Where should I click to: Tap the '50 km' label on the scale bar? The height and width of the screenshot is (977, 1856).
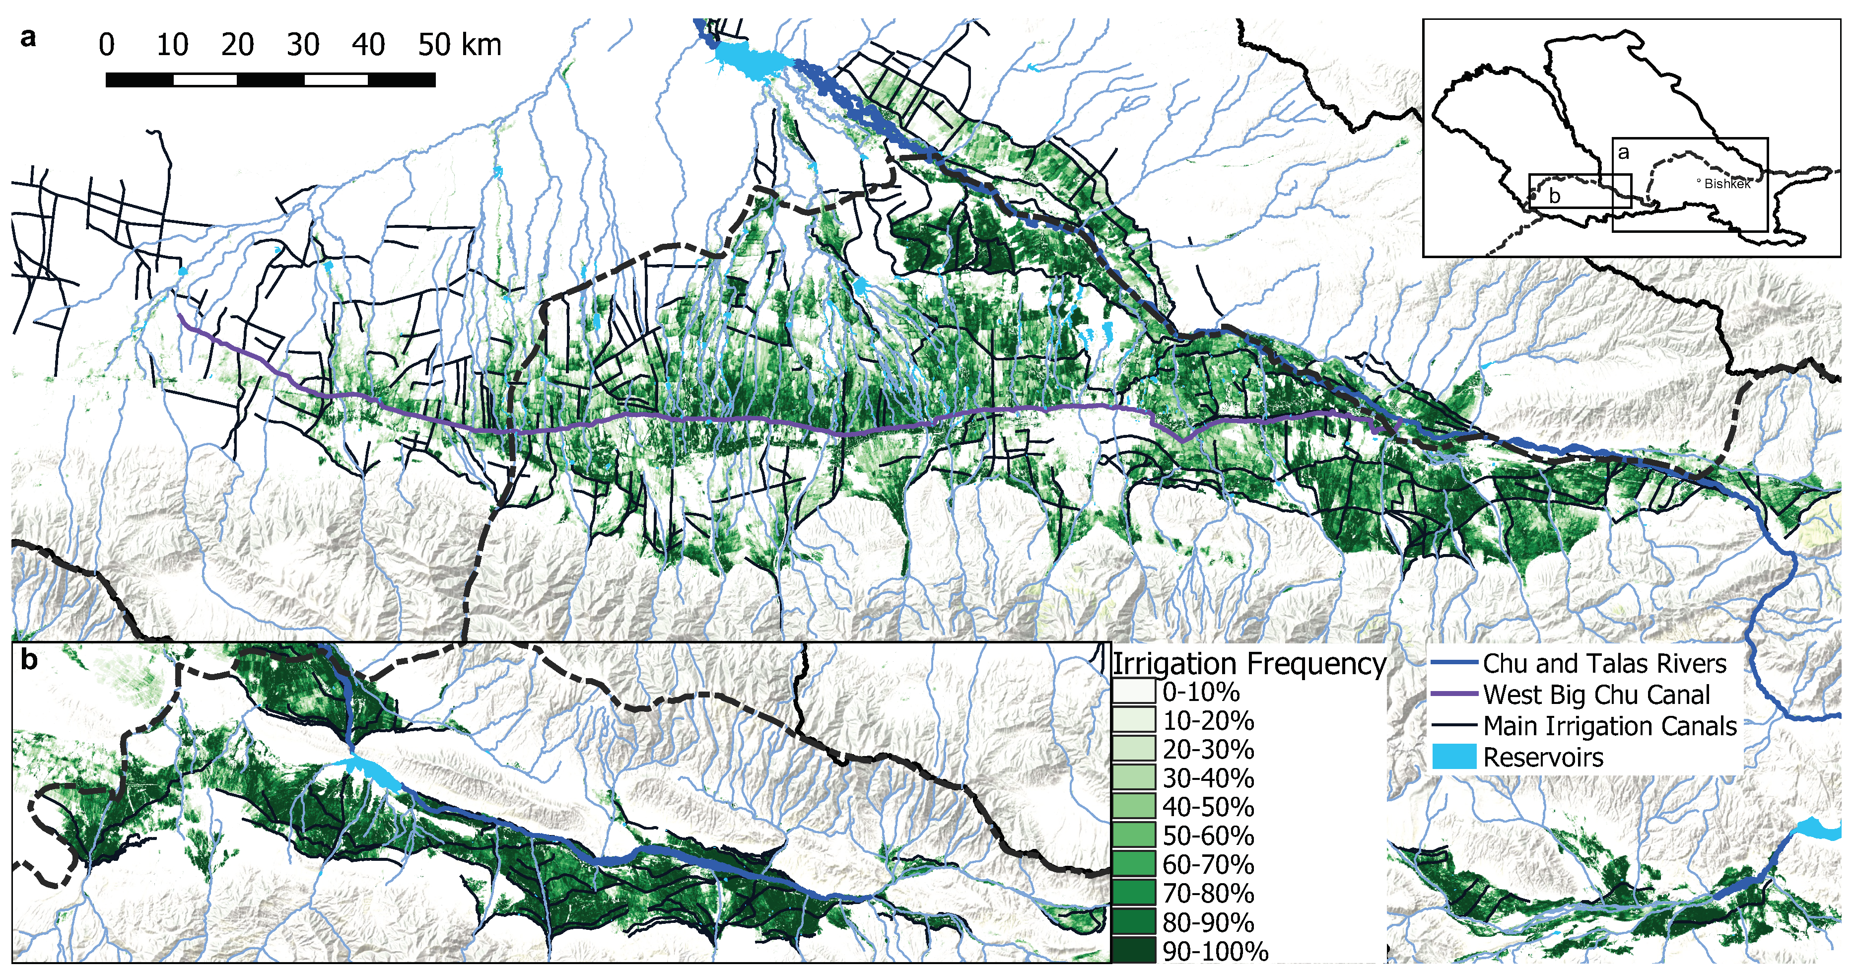click(x=459, y=45)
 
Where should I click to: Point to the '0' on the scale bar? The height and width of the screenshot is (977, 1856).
click(x=107, y=45)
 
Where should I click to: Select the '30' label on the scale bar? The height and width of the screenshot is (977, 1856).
click(x=303, y=45)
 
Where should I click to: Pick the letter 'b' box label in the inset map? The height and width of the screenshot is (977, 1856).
click(x=1554, y=195)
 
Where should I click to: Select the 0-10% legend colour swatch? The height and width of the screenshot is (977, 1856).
click(x=1134, y=692)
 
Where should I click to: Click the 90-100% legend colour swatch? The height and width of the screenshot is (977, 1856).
click(x=1134, y=950)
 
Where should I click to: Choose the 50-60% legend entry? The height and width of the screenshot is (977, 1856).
click(x=1208, y=836)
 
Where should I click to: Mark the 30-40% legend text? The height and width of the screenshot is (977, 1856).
click(x=1208, y=778)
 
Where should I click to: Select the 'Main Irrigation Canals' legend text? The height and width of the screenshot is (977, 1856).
click(x=1610, y=725)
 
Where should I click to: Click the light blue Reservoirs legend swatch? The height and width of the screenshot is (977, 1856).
click(x=1454, y=757)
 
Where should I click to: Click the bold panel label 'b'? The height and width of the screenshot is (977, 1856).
click(x=29, y=659)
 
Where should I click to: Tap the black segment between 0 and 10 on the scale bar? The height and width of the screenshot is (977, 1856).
click(x=140, y=79)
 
